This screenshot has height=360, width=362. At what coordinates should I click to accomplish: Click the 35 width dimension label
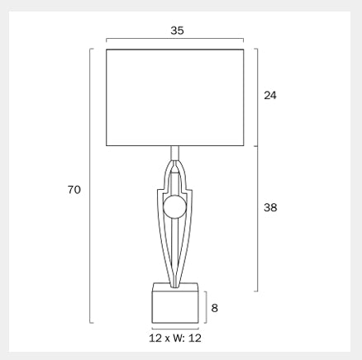[177, 31]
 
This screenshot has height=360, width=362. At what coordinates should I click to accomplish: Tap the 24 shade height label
[270, 95]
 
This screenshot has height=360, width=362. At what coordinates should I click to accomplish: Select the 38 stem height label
[270, 207]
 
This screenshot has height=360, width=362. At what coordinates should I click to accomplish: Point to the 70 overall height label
[74, 190]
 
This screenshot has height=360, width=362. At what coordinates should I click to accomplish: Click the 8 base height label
[215, 308]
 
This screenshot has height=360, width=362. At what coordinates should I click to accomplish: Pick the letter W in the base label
[179, 338]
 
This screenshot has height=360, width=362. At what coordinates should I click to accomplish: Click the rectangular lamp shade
[175, 97]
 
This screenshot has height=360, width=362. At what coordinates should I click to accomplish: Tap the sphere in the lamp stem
[175, 207]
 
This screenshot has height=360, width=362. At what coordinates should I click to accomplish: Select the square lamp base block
[175, 303]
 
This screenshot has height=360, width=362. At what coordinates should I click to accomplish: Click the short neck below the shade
[175, 153]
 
